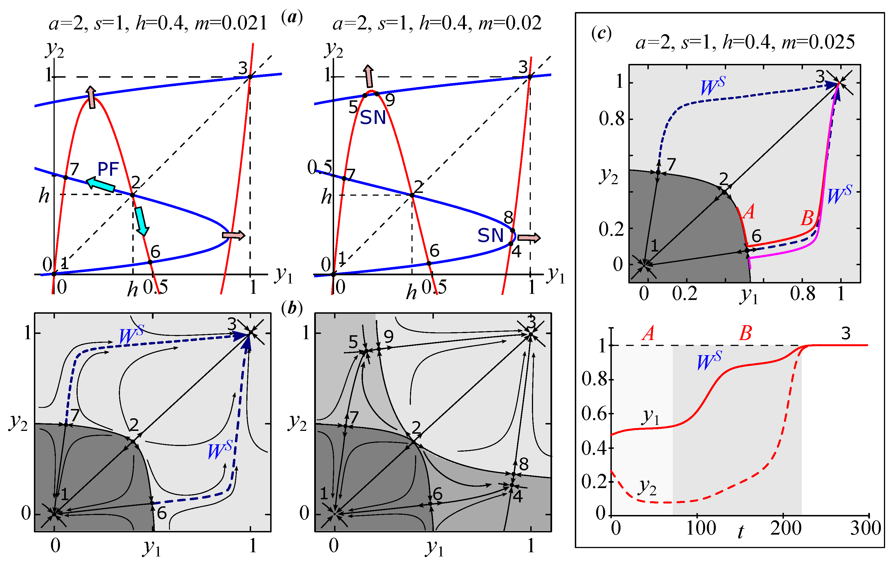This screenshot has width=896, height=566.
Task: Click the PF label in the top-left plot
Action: coord(108,169)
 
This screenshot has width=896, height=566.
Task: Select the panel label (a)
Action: coord(292,17)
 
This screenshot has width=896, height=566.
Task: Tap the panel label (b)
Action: coord(292,308)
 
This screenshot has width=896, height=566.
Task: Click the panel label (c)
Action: coord(601,33)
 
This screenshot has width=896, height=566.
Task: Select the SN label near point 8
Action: coord(490,235)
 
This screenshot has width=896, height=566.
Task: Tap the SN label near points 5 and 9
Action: coord(373,117)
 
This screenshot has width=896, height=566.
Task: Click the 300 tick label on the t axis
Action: coord(865,528)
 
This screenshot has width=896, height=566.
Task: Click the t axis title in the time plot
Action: coord(740,532)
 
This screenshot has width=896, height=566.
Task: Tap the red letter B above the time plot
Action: coord(745,333)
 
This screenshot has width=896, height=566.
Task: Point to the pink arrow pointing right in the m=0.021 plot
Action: coord(233,235)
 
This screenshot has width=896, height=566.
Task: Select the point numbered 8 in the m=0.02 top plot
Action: coord(512,231)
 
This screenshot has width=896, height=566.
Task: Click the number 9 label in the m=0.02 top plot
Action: coord(390,100)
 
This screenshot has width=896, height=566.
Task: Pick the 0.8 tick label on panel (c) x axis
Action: coord(803,294)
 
